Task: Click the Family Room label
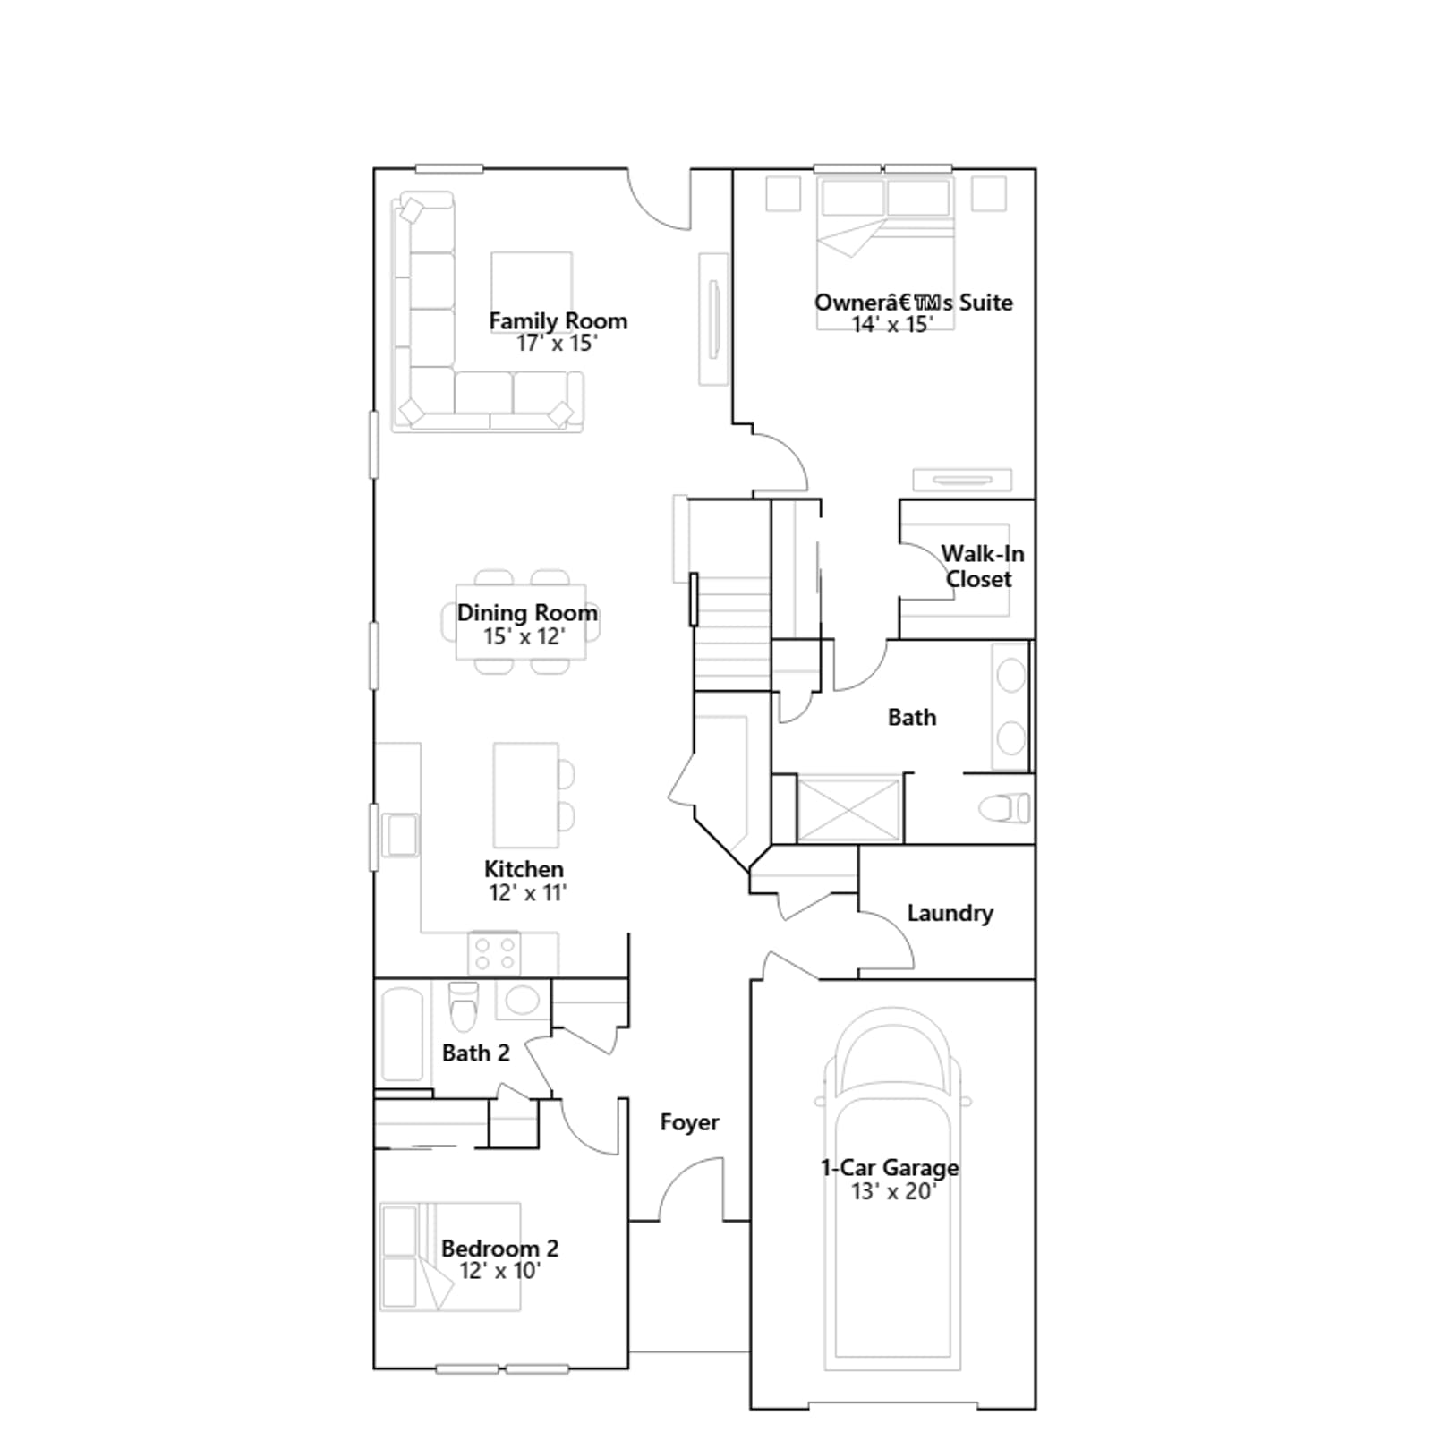(558, 320)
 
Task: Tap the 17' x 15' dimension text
(557, 344)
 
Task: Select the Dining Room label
(527, 613)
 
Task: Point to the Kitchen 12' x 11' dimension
(528, 892)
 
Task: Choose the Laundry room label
(950, 913)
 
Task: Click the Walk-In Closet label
(981, 567)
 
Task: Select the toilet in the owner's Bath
(1004, 809)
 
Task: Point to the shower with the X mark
(848, 809)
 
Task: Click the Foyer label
(689, 1122)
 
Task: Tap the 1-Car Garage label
(890, 1167)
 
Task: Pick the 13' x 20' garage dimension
(893, 1191)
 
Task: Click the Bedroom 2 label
(499, 1248)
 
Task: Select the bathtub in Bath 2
(402, 1035)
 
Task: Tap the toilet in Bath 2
(464, 1006)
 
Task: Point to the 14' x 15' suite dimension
(892, 324)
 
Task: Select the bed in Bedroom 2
(450, 1257)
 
